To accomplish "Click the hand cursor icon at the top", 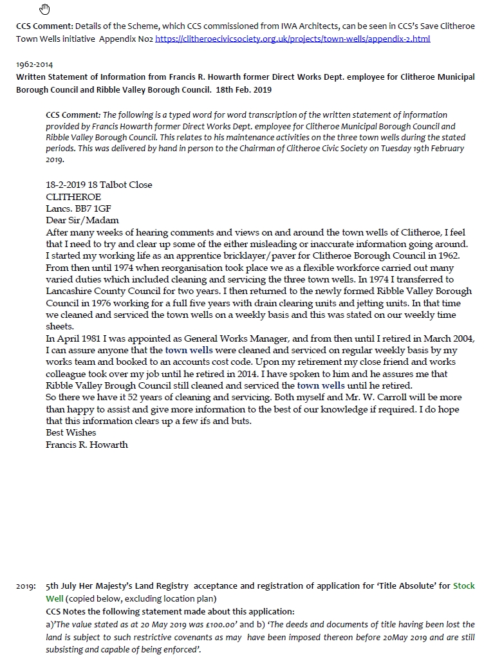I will (45, 8).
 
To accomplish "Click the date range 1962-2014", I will (35, 65).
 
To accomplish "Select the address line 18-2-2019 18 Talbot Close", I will (99, 185).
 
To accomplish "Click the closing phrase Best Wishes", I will (71, 432).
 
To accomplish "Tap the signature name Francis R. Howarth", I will (87, 445).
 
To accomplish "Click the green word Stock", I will (464, 586).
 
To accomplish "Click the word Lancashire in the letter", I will (70, 291).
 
